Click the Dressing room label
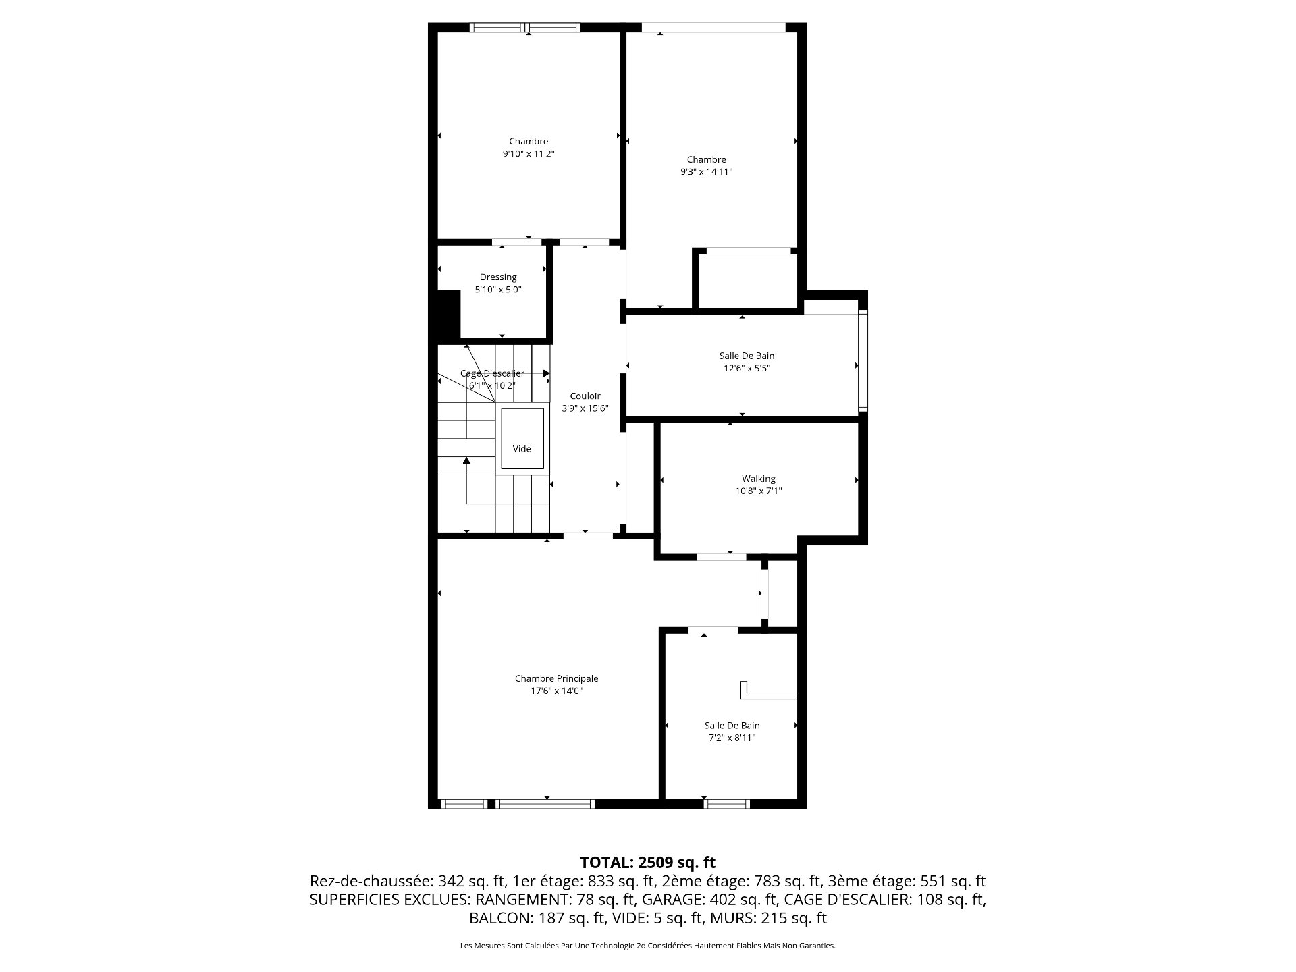(x=498, y=277)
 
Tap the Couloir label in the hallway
(x=585, y=396)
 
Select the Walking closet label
(x=759, y=479)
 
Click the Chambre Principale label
(x=556, y=678)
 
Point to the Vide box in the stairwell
(x=522, y=438)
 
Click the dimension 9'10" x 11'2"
(x=529, y=154)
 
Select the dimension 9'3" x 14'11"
(x=706, y=172)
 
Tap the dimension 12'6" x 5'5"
(x=747, y=369)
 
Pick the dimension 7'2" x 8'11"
(x=732, y=738)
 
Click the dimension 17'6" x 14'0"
(x=556, y=691)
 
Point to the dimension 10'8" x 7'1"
(x=759, y=491)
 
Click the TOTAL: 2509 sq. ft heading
(x=648, y=862)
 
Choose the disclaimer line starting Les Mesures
(x=648, y=946)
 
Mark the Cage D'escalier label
(x=492, y=373)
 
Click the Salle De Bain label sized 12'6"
(x=747, y=356)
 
